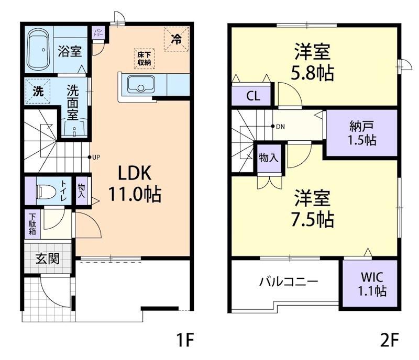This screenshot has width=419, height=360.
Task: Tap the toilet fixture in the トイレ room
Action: pos(46,192)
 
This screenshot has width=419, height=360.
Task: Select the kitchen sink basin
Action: pos(141,84)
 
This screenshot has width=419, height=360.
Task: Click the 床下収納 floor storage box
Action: pos(145,59)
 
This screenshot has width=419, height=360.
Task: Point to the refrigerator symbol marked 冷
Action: pos(177,39)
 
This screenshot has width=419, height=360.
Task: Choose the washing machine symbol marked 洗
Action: pos(38,92)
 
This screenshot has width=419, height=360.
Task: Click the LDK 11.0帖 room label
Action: pos(135,184)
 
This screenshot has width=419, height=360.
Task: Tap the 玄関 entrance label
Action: pos(48,258)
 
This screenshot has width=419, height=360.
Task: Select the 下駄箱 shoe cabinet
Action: pos(32,224)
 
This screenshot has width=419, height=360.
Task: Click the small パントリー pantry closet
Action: pos(98,33)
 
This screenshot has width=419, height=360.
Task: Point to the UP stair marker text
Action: pos(96,157)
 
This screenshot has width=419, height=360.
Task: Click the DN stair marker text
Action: pos(280,127)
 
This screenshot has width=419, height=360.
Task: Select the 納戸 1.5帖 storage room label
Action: pos(362,133)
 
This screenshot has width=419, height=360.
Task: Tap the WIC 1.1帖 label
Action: pos(372,284)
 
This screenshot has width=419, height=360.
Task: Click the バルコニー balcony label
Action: pos(289,282)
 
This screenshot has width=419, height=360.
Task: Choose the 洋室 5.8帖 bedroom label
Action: pos(312,62)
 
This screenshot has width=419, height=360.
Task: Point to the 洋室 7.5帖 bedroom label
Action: pos(312,208)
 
